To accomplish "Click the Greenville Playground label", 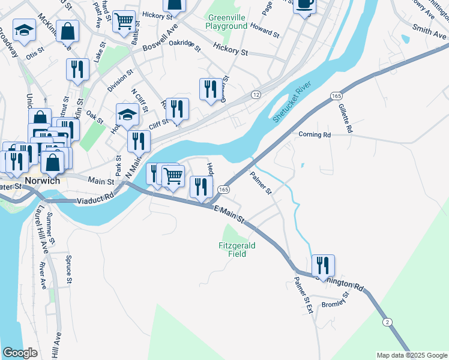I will [226, 22].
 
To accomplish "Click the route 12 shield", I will [256, 95].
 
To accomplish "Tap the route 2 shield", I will [388, 322].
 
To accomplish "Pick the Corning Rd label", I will [315, 135].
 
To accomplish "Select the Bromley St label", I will [335, 301].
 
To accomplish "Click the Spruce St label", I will [70, 269].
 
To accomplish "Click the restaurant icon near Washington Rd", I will [323, 265].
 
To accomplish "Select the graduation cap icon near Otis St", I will [24, 32].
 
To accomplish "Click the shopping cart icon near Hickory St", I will [124, 22].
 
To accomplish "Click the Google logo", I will [20, 352].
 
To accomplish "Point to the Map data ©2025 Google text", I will [411, 355].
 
